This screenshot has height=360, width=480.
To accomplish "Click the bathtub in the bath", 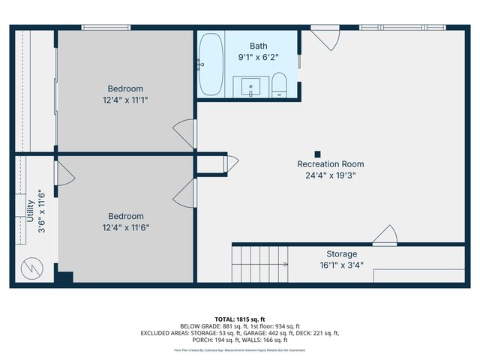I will click(211, 63).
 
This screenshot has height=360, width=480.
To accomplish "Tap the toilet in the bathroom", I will click(278, 85).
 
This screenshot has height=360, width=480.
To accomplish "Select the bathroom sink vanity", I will click(249, 87).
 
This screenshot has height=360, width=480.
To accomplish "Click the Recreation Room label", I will click(330, 163).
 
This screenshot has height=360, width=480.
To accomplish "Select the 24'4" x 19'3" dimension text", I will click(330, 175).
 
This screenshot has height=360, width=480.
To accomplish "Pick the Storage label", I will click(341, 253).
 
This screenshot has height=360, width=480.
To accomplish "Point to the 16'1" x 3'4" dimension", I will click(341, 265).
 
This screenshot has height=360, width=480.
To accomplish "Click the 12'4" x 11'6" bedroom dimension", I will click(125, 227).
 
